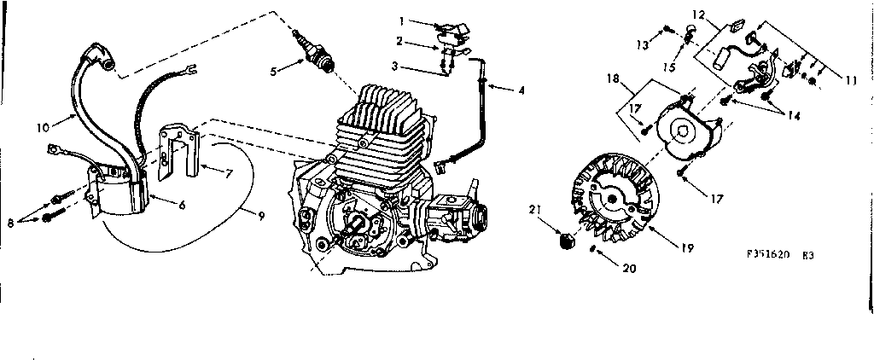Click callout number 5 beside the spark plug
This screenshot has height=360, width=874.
[274, 72]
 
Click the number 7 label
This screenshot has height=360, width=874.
[229, 173]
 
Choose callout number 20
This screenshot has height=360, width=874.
[631, 267]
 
